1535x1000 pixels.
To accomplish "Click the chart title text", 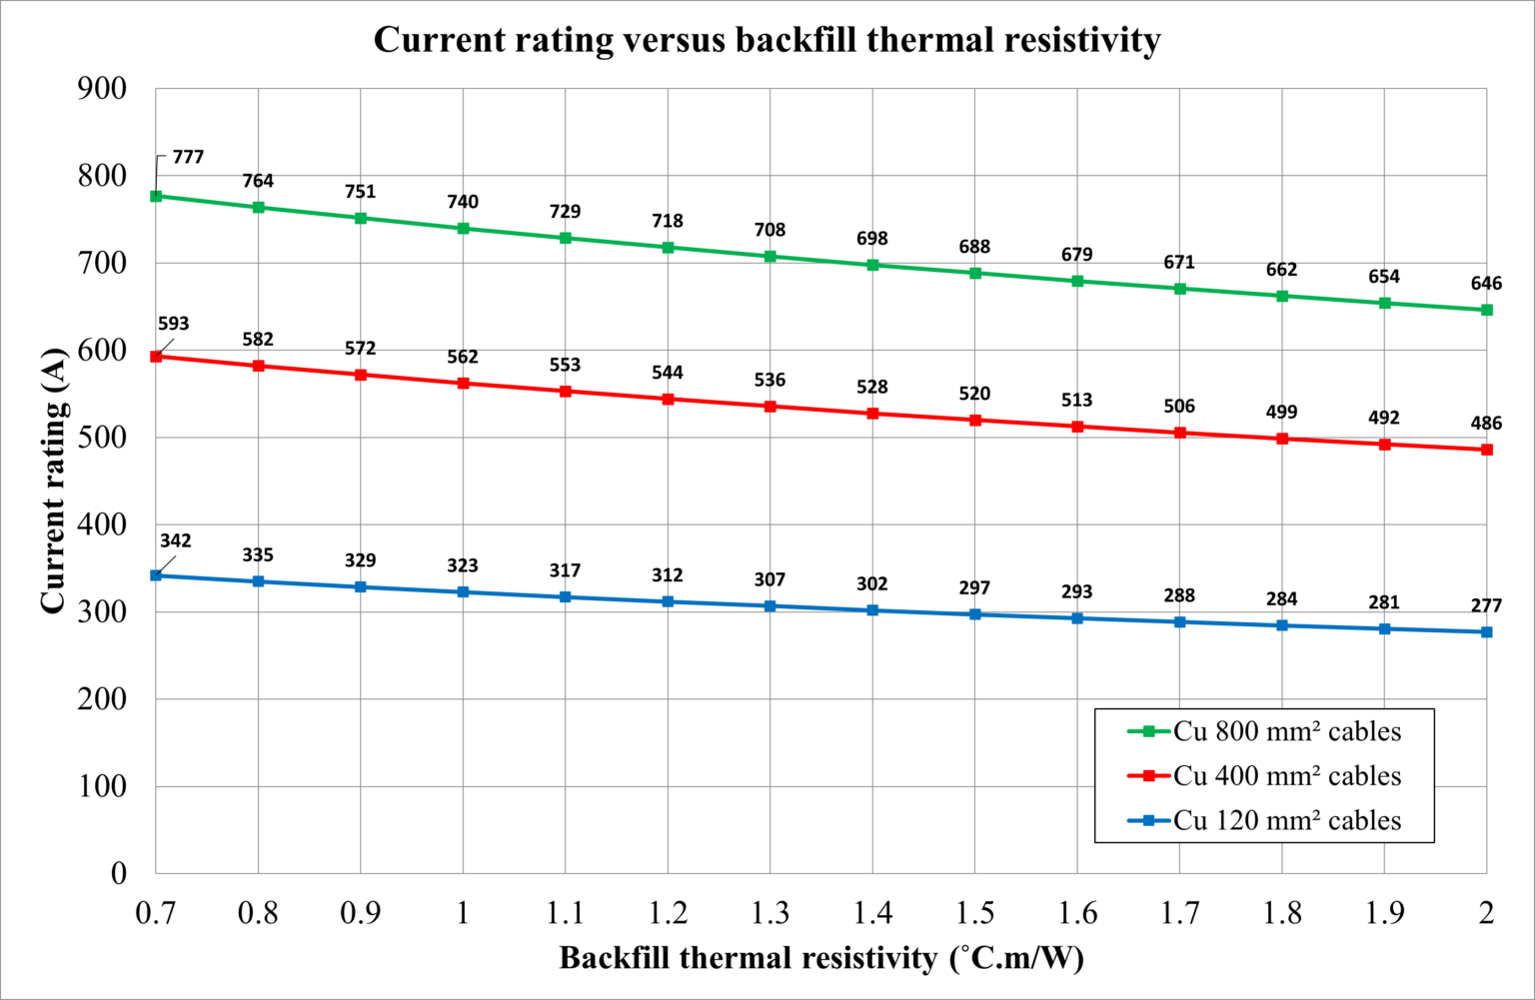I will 767,40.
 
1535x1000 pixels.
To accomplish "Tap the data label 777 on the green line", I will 188,157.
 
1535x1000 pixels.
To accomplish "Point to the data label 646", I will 1486,284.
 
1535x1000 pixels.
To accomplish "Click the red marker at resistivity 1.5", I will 975,420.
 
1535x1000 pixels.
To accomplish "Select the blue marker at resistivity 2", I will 1487,632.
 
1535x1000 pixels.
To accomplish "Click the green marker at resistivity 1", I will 463,229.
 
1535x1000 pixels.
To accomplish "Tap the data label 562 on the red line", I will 463,357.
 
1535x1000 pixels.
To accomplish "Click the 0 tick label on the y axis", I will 119,873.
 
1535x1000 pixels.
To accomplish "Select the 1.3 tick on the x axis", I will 769,912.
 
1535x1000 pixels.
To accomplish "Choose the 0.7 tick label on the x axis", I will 156,912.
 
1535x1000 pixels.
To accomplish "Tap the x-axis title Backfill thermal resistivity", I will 820,958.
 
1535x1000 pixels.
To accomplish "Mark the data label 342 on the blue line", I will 175,540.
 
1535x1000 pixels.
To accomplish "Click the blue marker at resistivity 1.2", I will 668,601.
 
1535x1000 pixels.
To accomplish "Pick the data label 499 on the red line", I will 1281,412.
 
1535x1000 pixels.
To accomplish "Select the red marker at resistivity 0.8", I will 259,366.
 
